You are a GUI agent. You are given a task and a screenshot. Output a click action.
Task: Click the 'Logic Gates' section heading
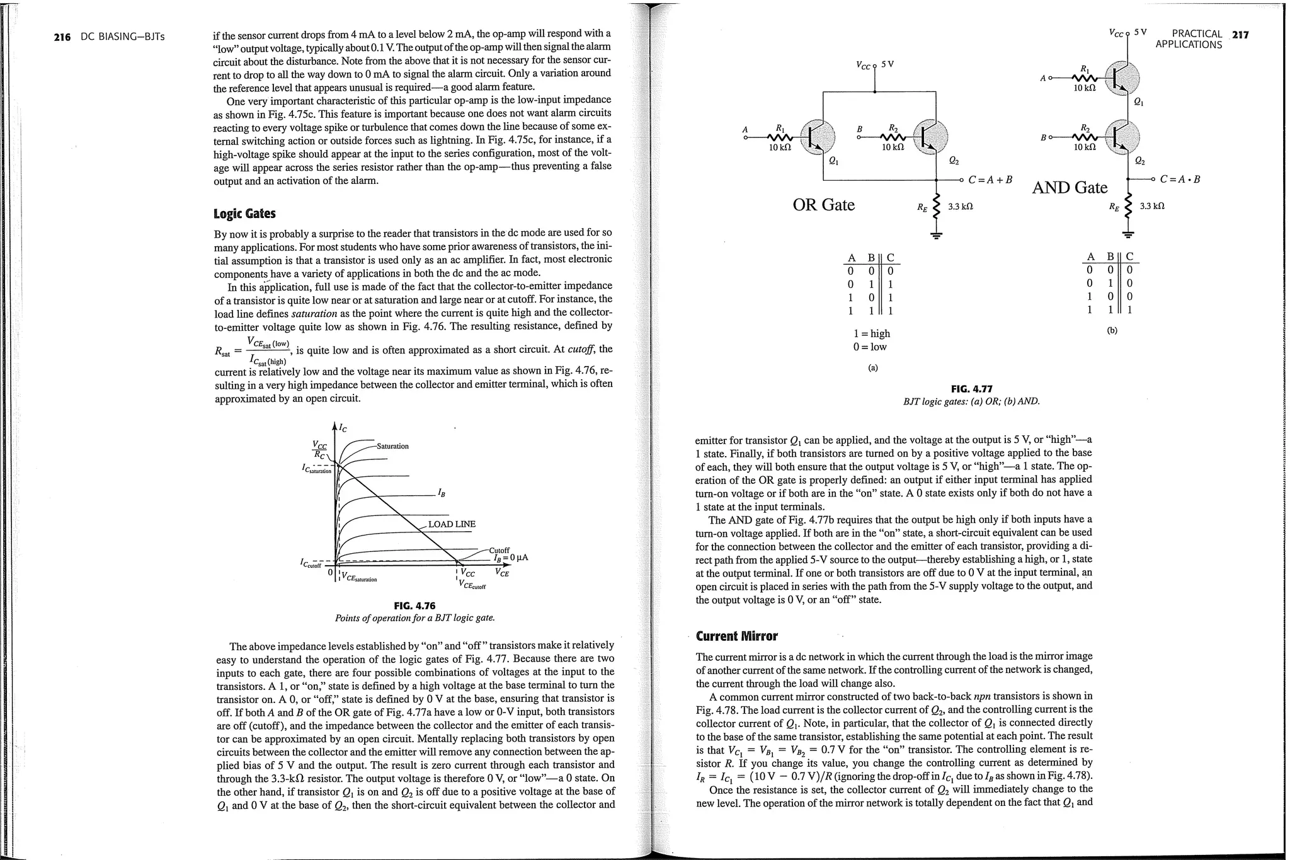244,214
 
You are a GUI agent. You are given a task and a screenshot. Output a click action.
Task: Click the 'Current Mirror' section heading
736,636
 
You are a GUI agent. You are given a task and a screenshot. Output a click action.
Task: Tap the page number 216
62,37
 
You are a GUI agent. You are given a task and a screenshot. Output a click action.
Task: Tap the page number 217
1240,35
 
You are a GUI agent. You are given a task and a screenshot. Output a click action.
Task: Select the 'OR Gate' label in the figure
823,205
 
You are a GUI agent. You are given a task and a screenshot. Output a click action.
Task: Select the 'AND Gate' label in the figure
1070,188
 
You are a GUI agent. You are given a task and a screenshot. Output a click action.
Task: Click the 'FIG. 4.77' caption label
971,389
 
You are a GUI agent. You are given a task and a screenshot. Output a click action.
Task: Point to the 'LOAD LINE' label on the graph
452,524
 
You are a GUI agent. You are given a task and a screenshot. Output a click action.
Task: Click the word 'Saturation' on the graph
392,446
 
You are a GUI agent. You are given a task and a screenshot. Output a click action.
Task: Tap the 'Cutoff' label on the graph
499,550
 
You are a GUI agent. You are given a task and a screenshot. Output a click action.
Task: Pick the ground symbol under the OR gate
937,236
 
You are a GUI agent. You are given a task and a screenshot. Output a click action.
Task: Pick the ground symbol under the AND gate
1128,235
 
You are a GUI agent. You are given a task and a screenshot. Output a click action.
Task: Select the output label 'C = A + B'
990,180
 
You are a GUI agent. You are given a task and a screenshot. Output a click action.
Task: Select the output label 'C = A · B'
1180,179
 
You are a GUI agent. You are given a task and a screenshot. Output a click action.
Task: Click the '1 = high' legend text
872,333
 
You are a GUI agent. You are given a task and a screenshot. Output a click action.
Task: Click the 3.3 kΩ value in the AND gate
1152,206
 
